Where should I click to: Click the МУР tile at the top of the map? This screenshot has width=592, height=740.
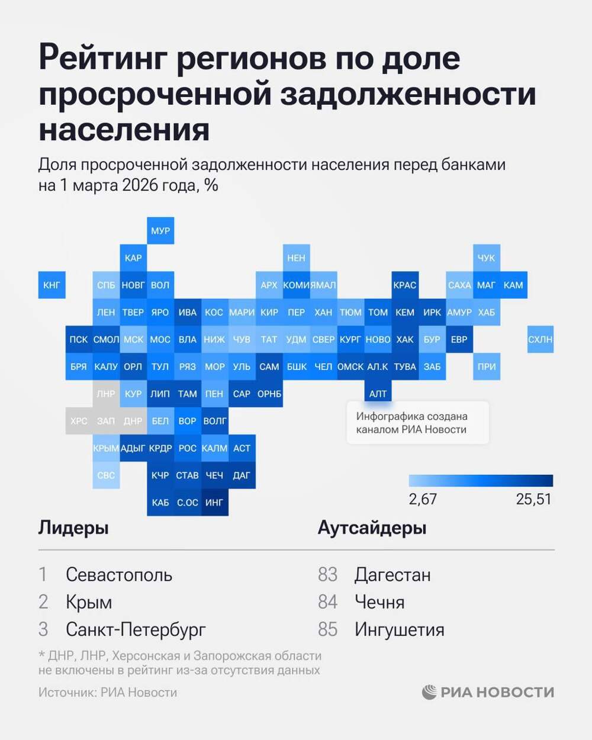coord(160,231)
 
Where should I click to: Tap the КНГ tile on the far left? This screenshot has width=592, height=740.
coord(52,285)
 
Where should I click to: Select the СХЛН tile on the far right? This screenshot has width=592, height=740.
coord(540,339)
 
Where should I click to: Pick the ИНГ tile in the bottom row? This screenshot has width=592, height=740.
coord(214,502)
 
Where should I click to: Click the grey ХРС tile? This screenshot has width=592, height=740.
coord(79,421)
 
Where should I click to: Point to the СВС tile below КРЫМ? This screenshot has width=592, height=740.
coord(106,475)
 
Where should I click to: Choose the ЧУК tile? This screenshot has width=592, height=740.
coord(486,258)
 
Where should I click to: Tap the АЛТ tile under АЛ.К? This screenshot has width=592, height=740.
coord(378,394)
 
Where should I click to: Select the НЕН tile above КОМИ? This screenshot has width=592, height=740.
coord(296,258)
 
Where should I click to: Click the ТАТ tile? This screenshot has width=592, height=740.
coord(269,339)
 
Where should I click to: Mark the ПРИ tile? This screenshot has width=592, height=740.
coord(486,366)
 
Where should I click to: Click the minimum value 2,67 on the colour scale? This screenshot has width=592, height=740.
coord(423,499)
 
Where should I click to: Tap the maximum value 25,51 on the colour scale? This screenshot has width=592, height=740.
coord(533,499)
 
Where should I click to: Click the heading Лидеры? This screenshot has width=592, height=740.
coord(73,527)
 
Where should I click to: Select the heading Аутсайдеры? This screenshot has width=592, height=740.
coord(372,527)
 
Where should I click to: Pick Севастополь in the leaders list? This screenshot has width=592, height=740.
coord(119,574)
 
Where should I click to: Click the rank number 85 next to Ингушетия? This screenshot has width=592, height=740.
coord(327,629)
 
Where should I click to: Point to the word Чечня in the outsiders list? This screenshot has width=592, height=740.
coord(379,602)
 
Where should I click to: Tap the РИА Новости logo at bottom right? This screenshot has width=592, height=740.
coord(488,692)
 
